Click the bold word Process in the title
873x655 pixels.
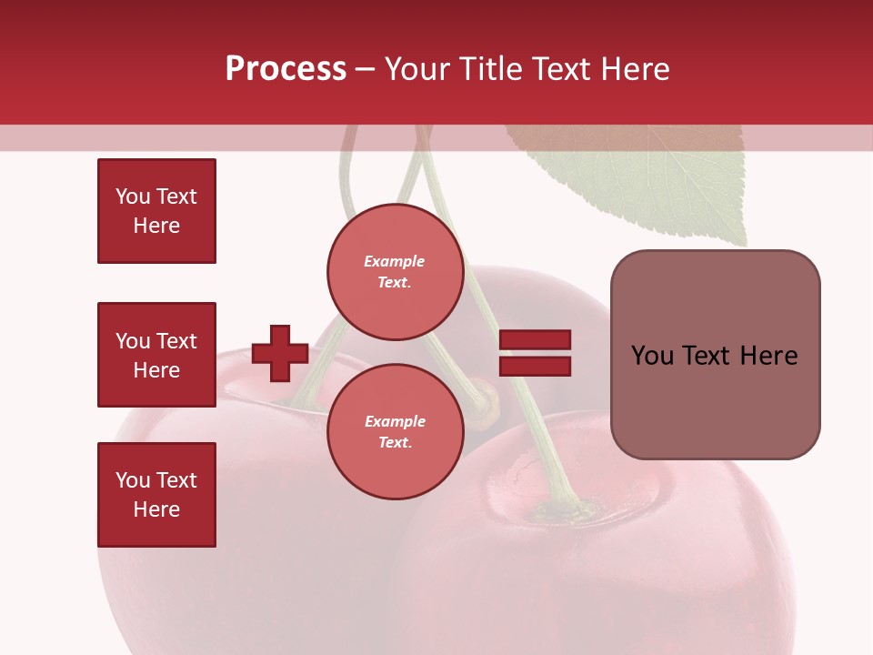coord(286,69)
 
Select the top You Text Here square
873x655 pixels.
coord(156,211)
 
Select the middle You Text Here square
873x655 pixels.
coord(156,355)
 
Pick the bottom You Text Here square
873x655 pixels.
coord(156,495)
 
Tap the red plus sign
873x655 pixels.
coord(280,353)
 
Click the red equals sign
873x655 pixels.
coord(535,353)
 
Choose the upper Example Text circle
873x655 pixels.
coord(395,272)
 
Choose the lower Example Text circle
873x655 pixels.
coord(395,432)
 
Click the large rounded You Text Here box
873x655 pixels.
coord(715,355)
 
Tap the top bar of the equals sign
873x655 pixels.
coord(535,340)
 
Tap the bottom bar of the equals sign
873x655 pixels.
coord(535,366)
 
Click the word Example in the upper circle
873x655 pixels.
coord(395,261)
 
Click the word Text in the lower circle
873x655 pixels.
coord(395,443)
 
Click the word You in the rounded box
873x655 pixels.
coord(652,356)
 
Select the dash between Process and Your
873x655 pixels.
coord(366,69)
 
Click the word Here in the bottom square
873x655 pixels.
coord(156,509)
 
